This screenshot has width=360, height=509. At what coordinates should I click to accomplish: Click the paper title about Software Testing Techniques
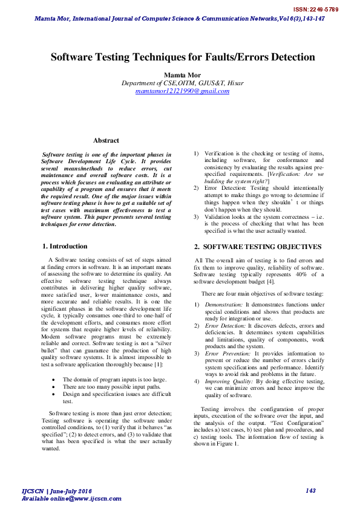coord(182,57)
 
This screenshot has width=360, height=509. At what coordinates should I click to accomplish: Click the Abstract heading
coord(106,140)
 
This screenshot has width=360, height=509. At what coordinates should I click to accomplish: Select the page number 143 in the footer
coord(311,491)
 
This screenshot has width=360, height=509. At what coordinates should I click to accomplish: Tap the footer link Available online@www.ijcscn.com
coord(71,499)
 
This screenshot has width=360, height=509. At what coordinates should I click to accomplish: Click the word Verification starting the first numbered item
coord(219,154)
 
